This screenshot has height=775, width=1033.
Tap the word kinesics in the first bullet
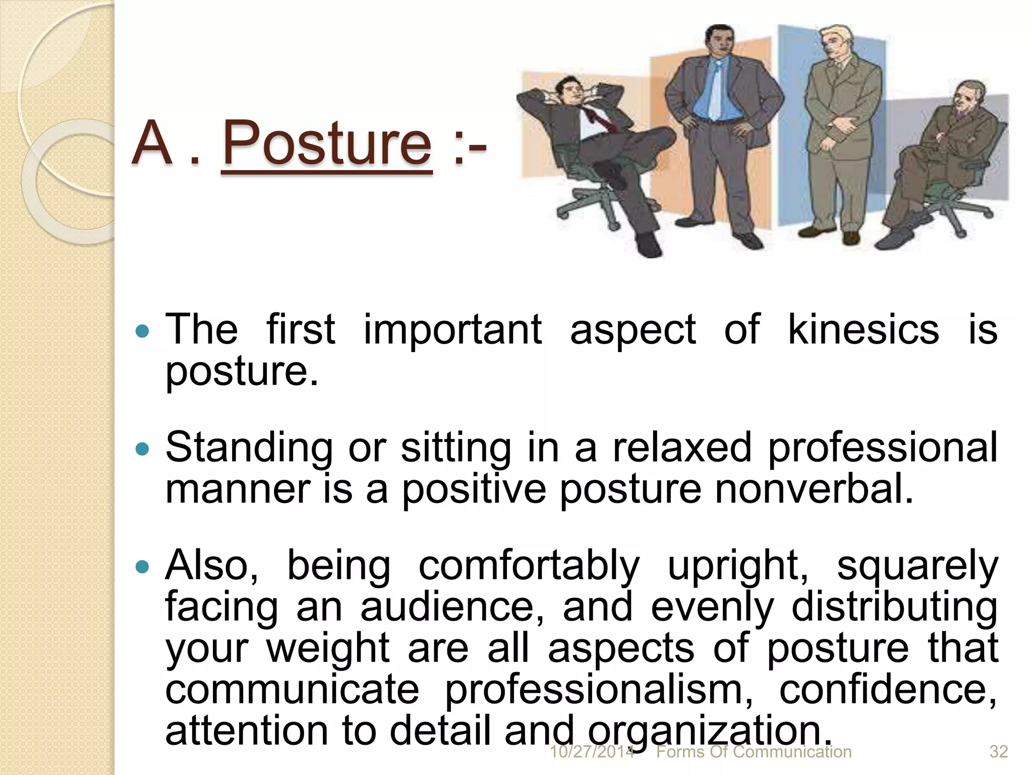(863, 329)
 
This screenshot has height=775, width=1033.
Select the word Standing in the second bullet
(249, 447)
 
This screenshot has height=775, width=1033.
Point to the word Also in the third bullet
(211, 566)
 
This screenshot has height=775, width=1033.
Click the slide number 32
(998, 752)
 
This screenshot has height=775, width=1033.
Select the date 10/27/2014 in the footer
(591, 752)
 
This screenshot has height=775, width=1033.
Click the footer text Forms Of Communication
(754, 752)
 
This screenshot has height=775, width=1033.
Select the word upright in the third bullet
(737, 566)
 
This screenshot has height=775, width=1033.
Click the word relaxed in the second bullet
(682, 447)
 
